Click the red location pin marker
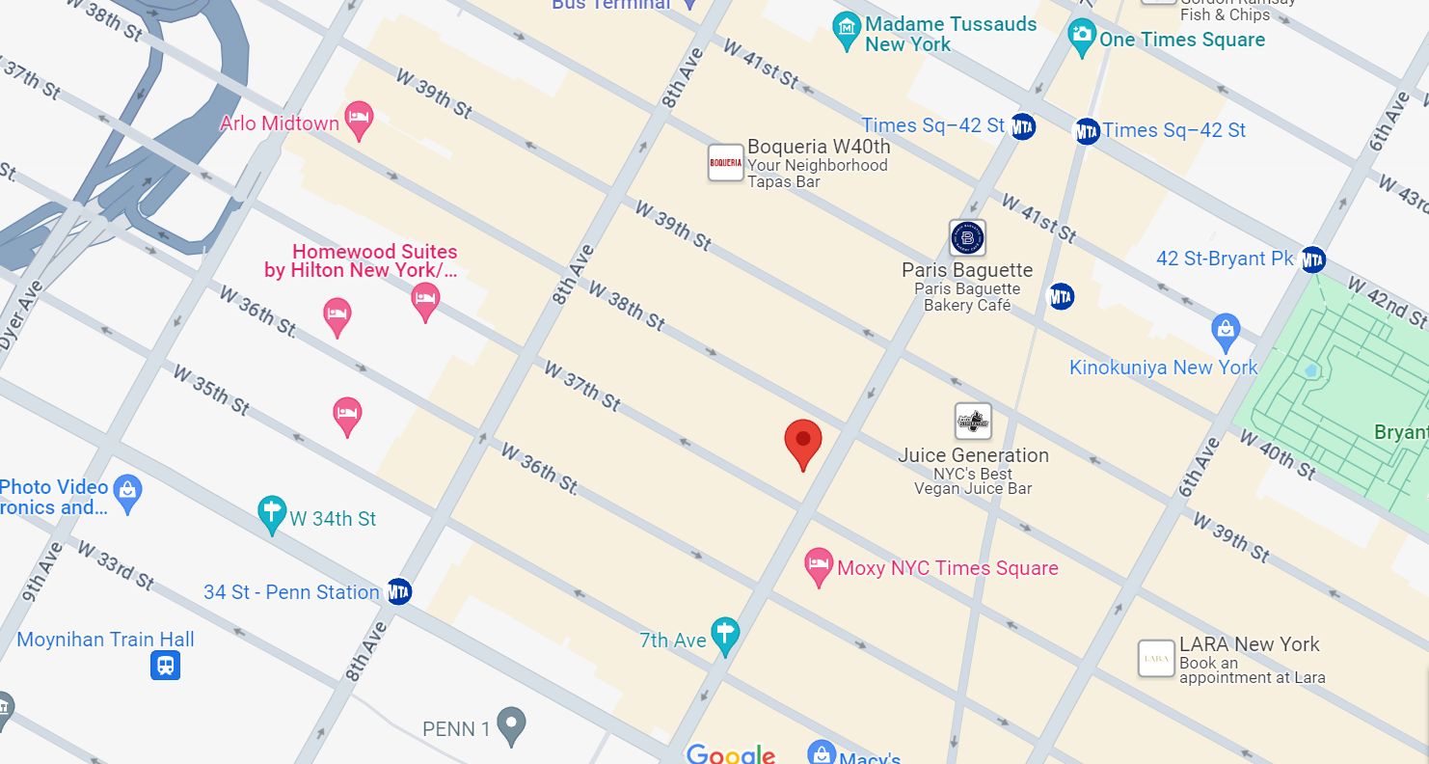point(802,443)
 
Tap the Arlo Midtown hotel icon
point(359,120)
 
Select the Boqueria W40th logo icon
point(725,163)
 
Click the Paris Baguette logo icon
point(967,237)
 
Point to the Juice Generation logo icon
point(973,422)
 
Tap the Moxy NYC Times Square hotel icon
point(819,567)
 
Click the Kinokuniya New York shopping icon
point(1226,333)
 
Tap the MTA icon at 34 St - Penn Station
point(399,591)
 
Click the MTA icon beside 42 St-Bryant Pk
point(1312,259)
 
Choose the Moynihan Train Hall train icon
point(165,666)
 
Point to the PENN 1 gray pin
point(511,725)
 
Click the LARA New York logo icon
point(1156,659)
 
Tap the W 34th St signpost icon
point(273,515)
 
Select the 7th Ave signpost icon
point(725,636)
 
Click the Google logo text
point(730,753)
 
